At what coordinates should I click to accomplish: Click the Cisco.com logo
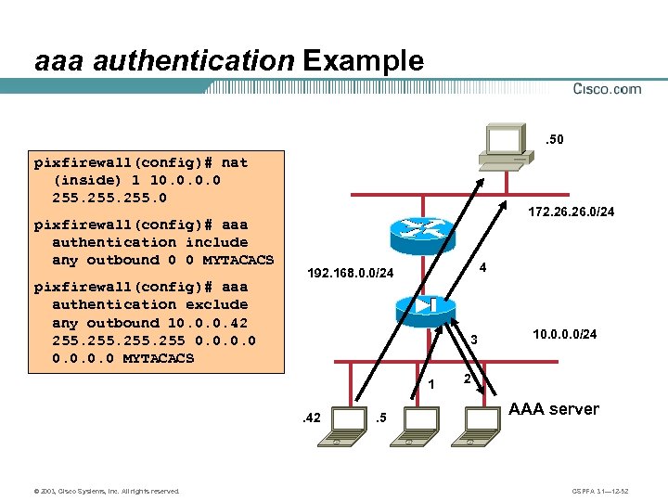607,89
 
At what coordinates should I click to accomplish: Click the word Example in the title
363,61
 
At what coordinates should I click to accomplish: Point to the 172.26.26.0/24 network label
571,213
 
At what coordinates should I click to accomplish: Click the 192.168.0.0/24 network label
351,274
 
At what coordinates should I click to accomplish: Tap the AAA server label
555,409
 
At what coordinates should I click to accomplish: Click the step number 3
472,340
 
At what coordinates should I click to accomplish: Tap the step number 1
431,384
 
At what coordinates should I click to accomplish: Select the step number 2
468,380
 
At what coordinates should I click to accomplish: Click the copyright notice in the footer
102,490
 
